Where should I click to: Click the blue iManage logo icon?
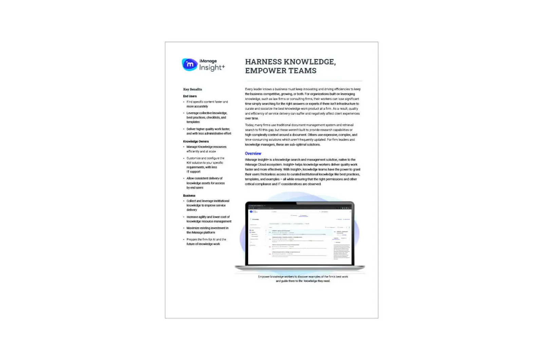pos(189,65)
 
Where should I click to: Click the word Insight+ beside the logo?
pos(212,68)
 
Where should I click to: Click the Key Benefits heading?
pos(192,89)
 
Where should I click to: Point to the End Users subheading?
pos(190,96)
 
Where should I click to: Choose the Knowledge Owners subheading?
pos(196,141)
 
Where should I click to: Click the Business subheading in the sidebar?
pos(189,196)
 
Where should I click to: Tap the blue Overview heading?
pos(253,154)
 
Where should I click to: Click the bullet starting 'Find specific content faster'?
pos(207,104)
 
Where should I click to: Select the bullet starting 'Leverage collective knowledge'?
pos(207,118)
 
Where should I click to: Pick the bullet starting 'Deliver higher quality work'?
pos(208,131)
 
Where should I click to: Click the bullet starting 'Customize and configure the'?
pos(205,165)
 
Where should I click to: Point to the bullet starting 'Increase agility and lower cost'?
pos(208,219)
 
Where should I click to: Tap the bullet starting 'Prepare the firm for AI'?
pos(206,241)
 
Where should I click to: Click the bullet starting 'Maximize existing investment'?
pos(207,230)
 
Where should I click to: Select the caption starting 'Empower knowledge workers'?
pos(303,279)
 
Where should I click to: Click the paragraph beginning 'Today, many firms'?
pos(301,134)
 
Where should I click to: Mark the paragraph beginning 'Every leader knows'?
pos(303,104)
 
